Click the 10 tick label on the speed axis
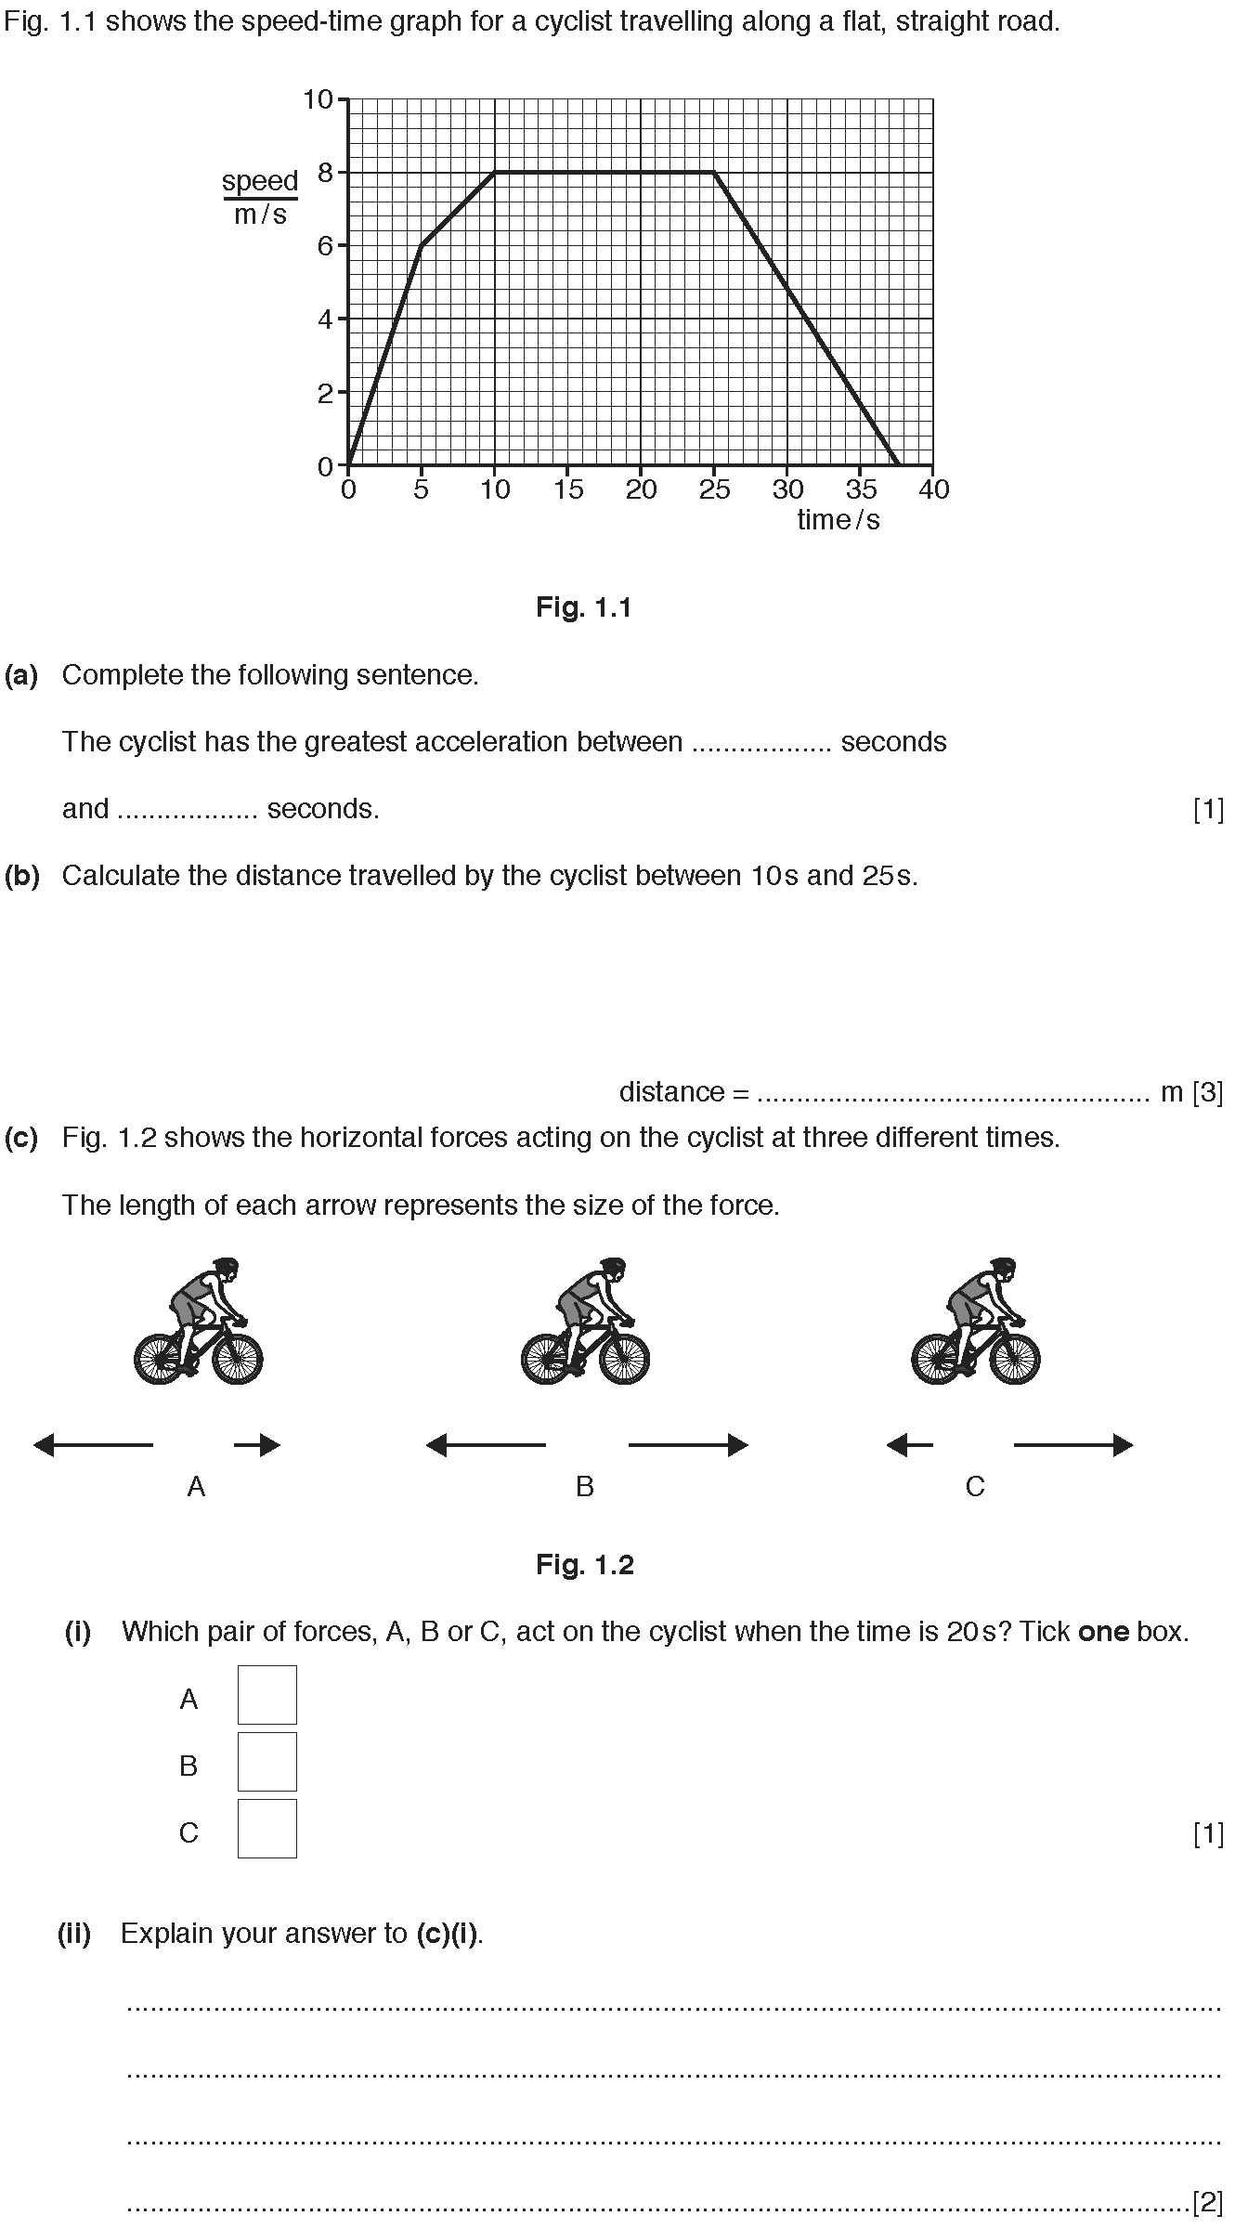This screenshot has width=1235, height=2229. [x=318, y=99]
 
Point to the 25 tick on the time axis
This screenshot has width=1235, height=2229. [x=714, y=489]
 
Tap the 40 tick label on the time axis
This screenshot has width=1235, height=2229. [x=933, y=489]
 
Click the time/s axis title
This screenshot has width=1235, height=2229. [x=838, y=520]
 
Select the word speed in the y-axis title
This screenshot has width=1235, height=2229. [x=260, y=181]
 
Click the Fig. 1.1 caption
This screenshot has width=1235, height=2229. [x=584, y=607]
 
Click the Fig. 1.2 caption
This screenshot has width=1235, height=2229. [x=584, y=1565]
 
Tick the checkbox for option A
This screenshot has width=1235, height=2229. [x=267, y=1695]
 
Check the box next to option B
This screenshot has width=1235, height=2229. [x=267, y=1762]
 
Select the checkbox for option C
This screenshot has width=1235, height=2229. [x=267, y=1829]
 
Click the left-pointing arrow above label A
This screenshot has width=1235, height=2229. [x=93, y=1444]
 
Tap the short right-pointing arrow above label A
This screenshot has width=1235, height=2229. [x=256, y=1444]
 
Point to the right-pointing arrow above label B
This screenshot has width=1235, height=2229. [x=688, y=1444]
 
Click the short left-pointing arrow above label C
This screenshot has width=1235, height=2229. [x=910, y=1444]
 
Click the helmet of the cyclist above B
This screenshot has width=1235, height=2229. [x=613, y=1266]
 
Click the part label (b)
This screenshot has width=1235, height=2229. [x=21, y=876]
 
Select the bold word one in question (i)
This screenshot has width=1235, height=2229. [x=1103, y=1632]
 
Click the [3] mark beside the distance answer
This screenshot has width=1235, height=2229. [x=1207, y=1092]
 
